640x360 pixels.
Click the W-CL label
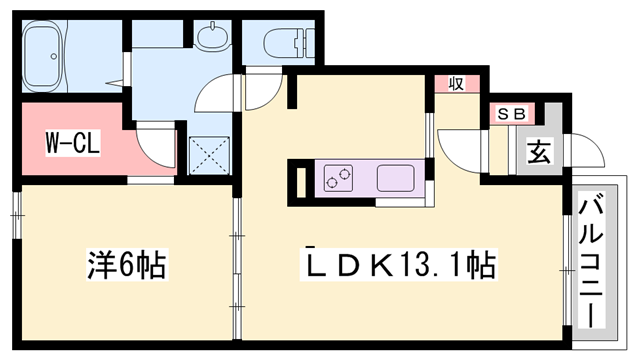71,144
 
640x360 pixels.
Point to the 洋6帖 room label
124,267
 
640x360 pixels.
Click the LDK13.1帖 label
400,266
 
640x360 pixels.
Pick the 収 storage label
455,85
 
